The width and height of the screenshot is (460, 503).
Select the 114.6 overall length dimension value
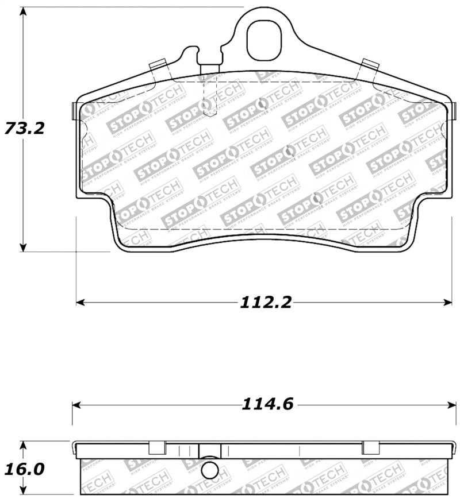(267, 405)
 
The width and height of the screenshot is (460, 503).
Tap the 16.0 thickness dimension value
(24, 469)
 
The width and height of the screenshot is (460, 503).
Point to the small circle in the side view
(211, 471)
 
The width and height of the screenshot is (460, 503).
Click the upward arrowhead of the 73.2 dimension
(23, 13)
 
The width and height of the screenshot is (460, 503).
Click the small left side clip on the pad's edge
(74, 111)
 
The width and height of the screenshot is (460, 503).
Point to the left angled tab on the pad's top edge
(158, 67)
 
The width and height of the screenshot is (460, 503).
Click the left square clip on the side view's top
(157, 447)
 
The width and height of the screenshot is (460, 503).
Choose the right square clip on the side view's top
(370, 447)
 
